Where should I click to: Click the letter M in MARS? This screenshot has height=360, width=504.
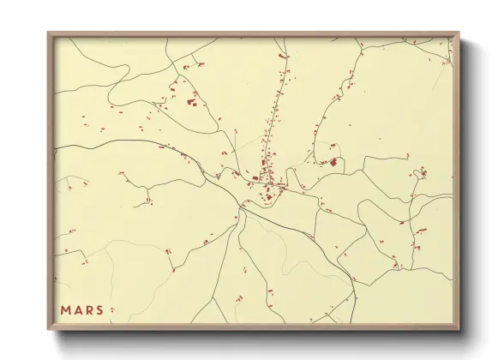click(65, 309)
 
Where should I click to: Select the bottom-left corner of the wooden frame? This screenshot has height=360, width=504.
click(49, 330)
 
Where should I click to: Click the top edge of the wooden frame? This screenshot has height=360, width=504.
click(253, 34)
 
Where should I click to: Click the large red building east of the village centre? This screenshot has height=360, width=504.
click(333, 161)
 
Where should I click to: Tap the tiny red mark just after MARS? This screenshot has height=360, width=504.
click(111, 310)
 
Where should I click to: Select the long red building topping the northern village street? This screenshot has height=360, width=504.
click(284, 56)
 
